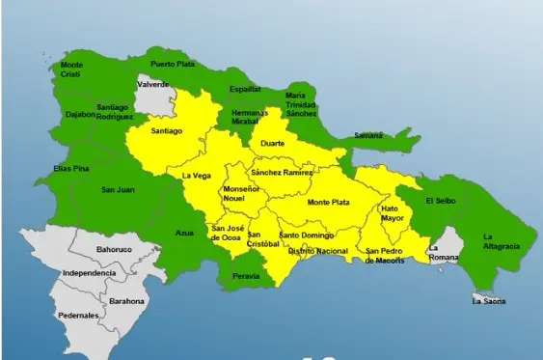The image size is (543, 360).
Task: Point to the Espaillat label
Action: [244, 89]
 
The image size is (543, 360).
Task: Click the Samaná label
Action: [367, 136]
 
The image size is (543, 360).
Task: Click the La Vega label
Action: [197, 176]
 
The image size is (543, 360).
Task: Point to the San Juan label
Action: [118, 189]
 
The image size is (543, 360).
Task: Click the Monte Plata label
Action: [323, 202]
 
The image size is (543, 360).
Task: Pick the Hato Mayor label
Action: [391, 212]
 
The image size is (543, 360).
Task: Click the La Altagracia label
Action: [501, 241]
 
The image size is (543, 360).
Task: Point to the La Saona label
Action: [488, 302]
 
